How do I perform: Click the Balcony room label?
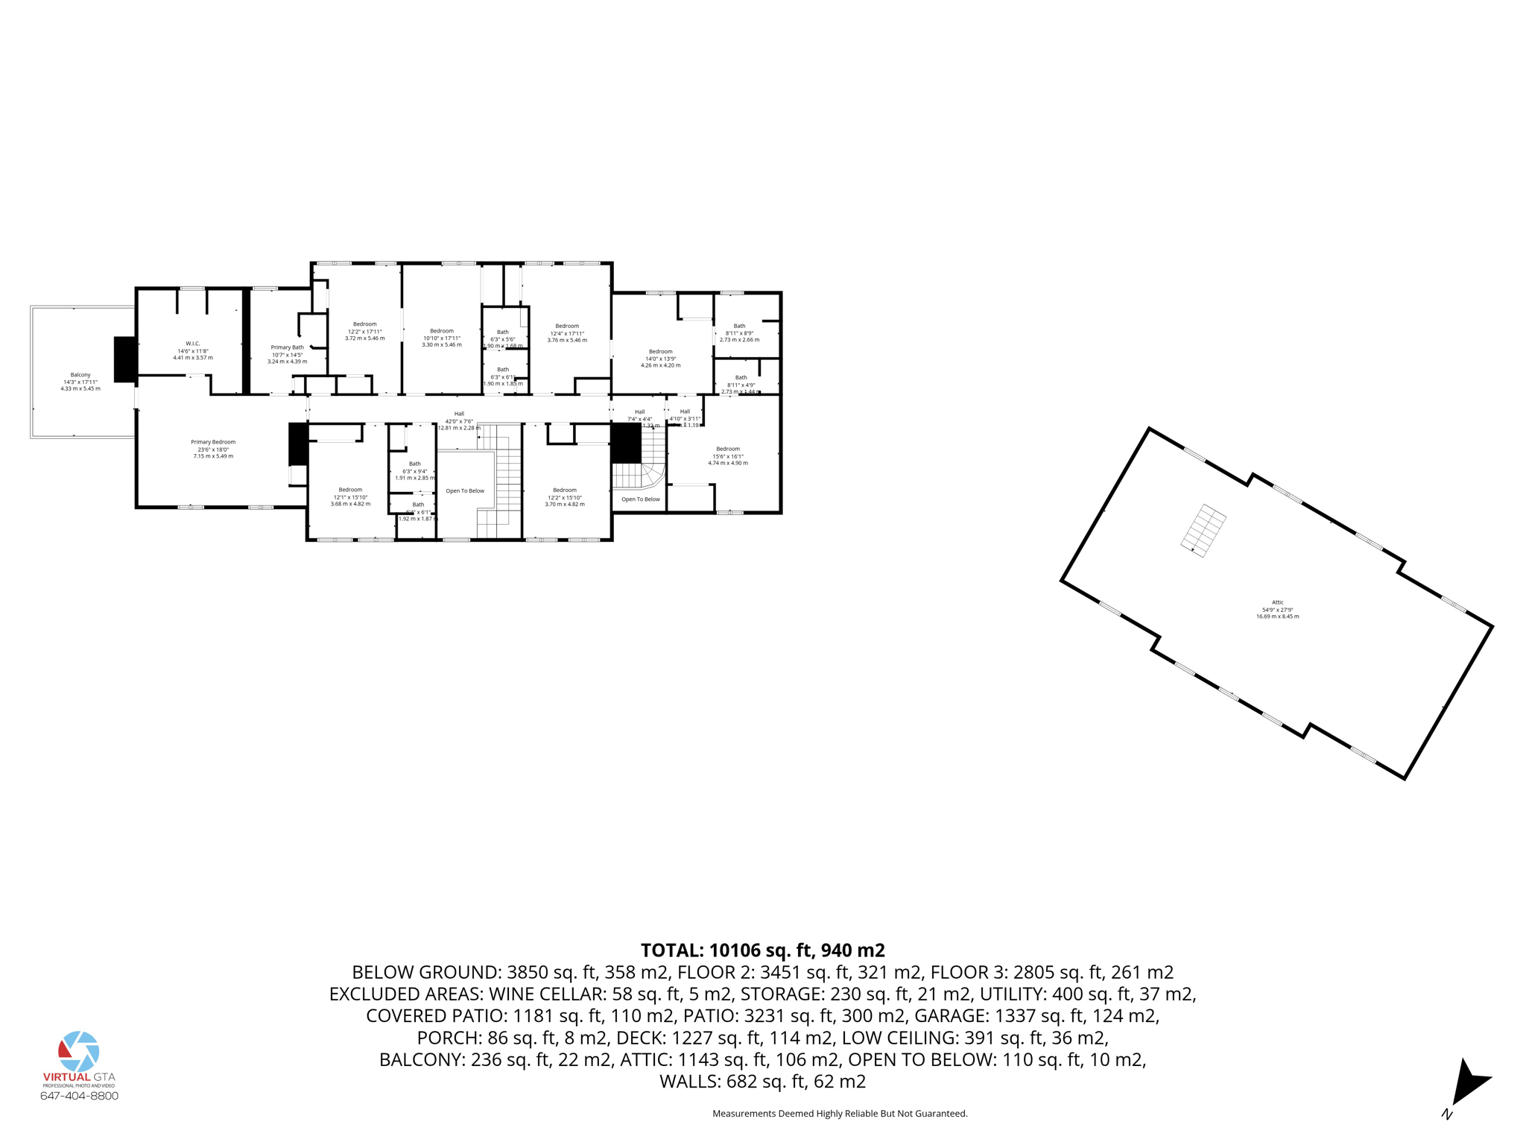click(80, 382)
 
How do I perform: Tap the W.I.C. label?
click(193, 350)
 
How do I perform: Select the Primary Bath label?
click(287, 354)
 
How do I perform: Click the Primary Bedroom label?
click(213, 449)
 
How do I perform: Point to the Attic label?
click(1277, 609)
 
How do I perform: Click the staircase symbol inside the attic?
click(1203, 530)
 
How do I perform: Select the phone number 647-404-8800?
click(79, 1096)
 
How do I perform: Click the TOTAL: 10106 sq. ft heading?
click(762, 950)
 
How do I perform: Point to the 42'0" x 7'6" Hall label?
click(459, 420)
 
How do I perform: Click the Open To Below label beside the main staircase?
click(465, 491)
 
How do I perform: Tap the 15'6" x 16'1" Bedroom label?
click(727, 455)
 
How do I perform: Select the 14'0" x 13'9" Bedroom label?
click(660, 358)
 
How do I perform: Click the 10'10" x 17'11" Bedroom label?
click(442, 338)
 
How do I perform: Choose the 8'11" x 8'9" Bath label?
click(739, 332)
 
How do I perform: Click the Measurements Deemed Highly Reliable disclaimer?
click(840, 1114)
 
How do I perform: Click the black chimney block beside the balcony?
click(125, 359)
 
